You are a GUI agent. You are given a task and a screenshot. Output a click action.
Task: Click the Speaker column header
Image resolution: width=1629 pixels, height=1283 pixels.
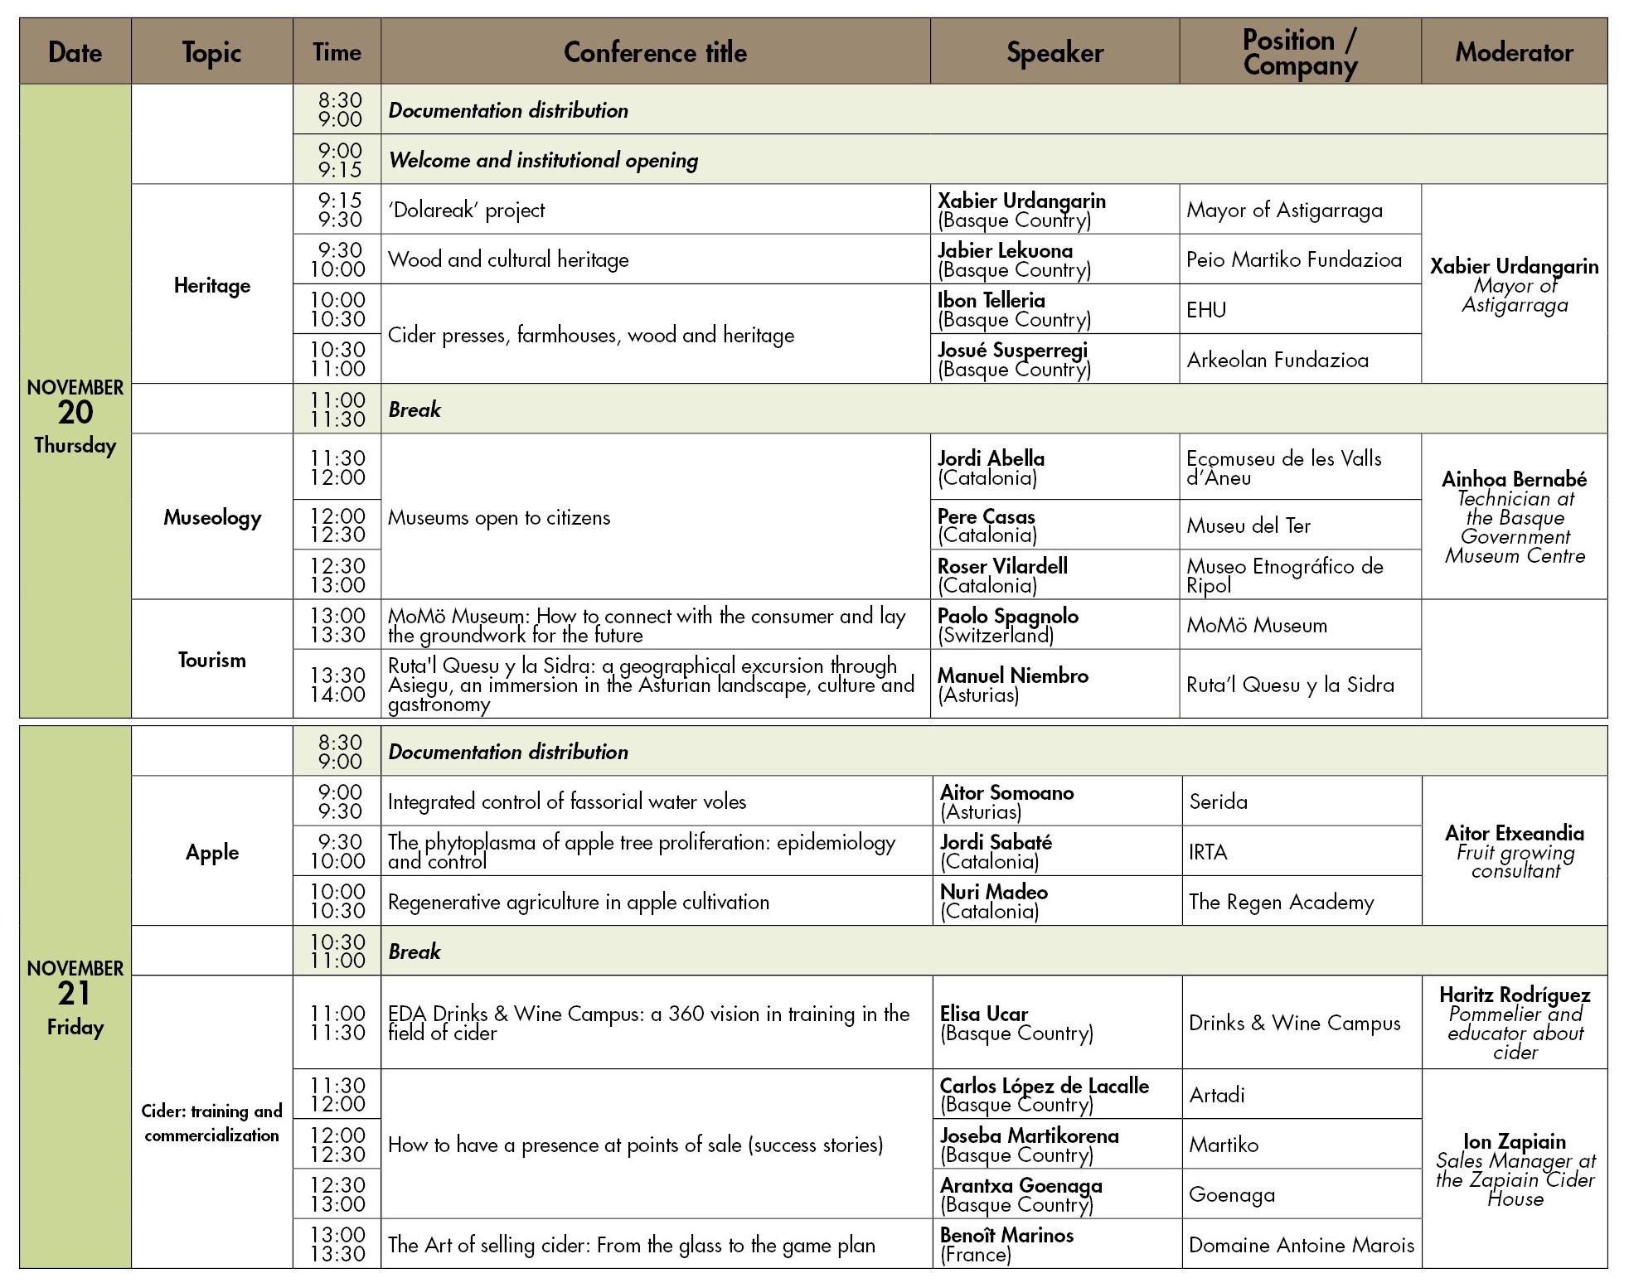tap(1054, 52)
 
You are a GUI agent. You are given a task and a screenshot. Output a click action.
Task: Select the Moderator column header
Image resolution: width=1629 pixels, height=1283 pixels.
tap(1514, 52)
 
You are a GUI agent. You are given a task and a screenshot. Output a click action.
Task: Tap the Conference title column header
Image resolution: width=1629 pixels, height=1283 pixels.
tap(655, 52)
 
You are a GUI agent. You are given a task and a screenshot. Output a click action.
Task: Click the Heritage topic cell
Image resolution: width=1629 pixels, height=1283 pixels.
tap(212, 285)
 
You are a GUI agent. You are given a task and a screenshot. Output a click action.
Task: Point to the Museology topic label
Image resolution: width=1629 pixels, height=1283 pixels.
tap(212, 517)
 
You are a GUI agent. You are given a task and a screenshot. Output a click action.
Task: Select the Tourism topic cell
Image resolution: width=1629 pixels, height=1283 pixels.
tap(212, 660)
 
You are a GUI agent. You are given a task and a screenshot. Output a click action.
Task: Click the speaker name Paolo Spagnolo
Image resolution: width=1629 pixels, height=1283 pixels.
tap(1008, 616)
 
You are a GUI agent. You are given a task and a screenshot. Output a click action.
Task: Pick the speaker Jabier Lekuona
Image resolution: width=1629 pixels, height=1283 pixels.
tap(1005, 250)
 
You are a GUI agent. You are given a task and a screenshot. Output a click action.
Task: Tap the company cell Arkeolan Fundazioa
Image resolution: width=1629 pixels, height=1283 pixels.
tap(1278, 360)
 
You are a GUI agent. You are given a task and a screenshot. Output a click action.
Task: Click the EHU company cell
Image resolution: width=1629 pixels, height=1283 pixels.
tap(1206, 310)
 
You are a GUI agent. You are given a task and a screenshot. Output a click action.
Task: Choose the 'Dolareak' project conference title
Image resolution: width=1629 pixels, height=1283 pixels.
tap(467, 210)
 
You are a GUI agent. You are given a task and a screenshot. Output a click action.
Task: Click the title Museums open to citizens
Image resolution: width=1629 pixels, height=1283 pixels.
tap(499, 518)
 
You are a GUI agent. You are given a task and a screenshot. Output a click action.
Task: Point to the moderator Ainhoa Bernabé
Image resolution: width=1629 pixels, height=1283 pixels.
tap(1514, 479)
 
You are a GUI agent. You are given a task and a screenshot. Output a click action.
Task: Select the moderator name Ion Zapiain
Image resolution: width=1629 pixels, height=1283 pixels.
tap(1514, 1141)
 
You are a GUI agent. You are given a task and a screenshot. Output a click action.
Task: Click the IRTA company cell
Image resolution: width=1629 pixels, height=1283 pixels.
tap(1208, 852)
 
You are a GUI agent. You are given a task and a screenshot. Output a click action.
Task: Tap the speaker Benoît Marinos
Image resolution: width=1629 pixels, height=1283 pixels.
tap(1006, 1235)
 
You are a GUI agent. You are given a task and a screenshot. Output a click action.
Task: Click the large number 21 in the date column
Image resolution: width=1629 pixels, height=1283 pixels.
tap(75, 994)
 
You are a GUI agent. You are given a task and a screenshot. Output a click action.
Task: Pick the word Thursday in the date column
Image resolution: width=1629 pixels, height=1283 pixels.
tap(75, 445)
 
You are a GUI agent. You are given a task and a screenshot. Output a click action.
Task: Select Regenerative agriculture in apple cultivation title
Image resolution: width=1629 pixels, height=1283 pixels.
tap(579, 902)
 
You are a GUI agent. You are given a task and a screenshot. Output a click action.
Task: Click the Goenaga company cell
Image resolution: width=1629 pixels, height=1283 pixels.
tap(1232, 1194)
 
